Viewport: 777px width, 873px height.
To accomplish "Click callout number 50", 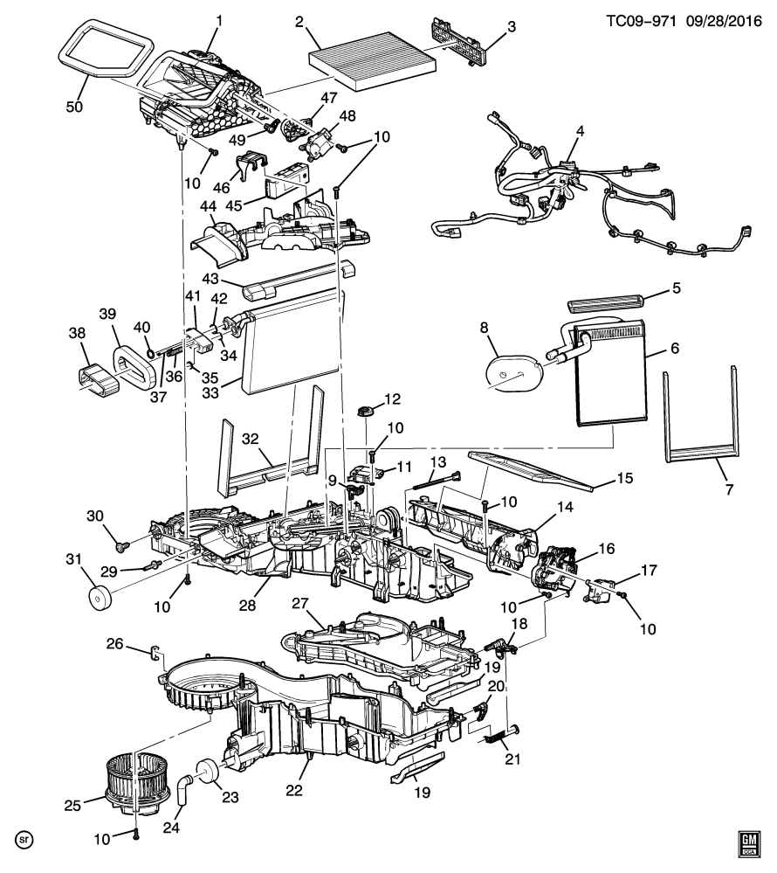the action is (74, 107).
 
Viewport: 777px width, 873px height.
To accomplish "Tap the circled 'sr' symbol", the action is (24, 840).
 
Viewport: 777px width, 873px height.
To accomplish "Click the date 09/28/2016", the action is (724, 21).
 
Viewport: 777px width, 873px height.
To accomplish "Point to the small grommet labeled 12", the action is (365, 412).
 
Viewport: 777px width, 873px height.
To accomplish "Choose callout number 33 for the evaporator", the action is (210, 392).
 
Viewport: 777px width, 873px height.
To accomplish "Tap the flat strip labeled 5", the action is (606, 304).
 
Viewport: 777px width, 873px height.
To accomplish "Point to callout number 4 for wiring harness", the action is (580, 131).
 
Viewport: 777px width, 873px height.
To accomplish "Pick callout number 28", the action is (248, 606).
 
